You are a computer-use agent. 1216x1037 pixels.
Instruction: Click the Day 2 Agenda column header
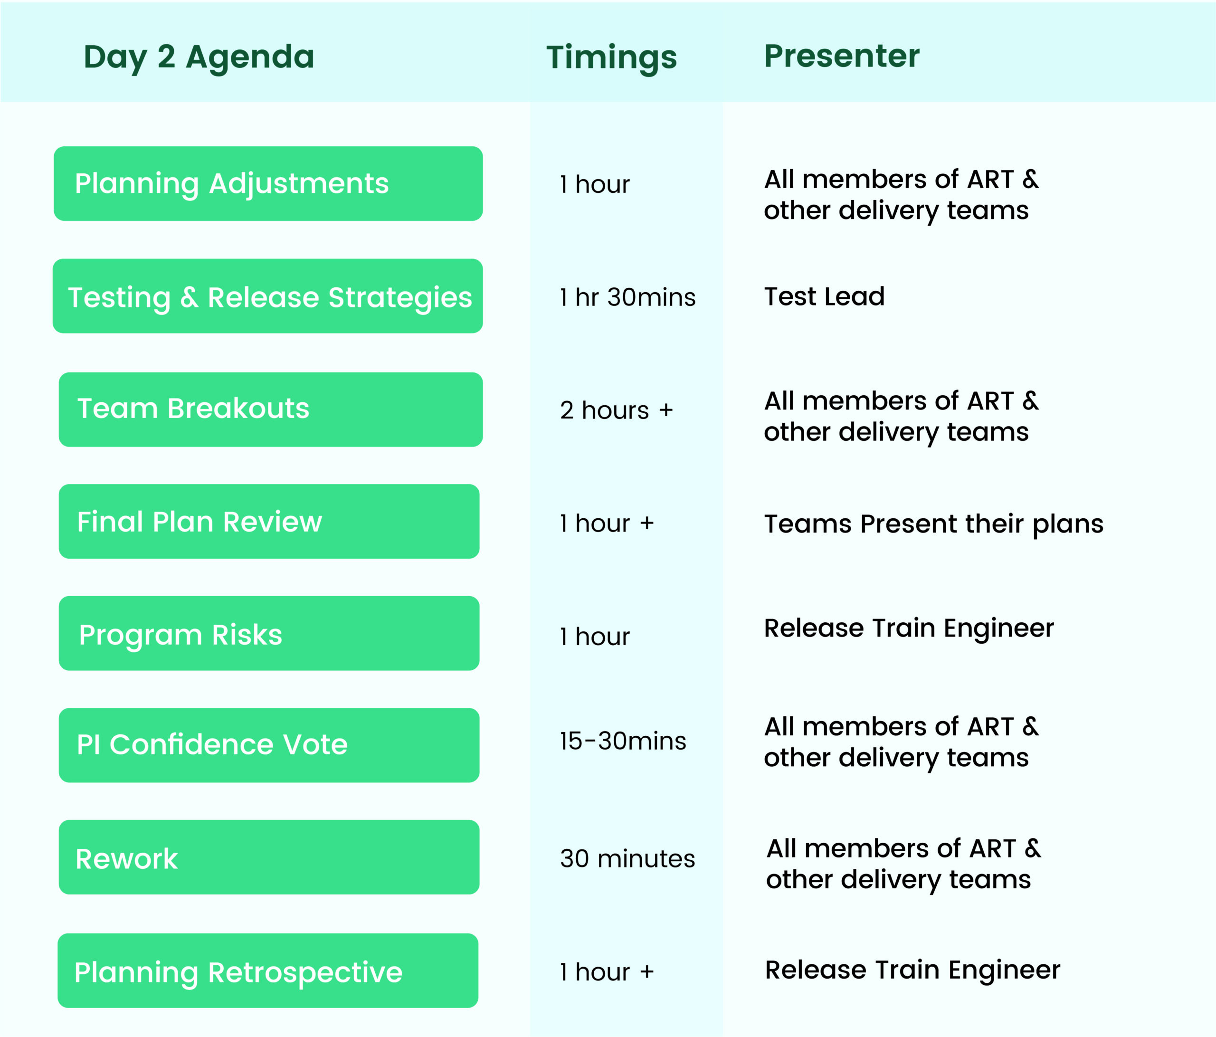tap(199, 57)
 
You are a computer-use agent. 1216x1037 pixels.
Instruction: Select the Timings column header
tap(611, 57)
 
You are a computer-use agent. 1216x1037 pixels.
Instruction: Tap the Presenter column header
tap(842, 57)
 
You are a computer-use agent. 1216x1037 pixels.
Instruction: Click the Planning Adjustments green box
tap(268, 184)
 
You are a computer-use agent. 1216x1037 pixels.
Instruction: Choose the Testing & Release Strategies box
tap(268, 296)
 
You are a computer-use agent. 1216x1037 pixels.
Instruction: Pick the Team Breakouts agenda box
tap(271, 409)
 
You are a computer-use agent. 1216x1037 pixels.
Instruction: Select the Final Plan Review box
tap(269, 521)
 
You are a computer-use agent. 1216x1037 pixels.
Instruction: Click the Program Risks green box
tap(269, 634)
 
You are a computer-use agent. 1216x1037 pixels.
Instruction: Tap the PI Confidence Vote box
tap(269, 745)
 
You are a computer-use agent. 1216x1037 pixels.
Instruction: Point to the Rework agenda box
tap(269, 857)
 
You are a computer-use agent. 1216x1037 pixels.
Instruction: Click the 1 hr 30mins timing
tap(627, 297)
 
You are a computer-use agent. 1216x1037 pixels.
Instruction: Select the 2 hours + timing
tap(616, 410)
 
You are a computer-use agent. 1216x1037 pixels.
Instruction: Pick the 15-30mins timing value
tap(623, 741)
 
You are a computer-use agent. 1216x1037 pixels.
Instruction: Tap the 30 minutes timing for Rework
tap(627, 858)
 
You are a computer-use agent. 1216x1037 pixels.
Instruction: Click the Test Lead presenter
tap(824, 296)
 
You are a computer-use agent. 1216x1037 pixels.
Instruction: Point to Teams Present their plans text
tap(933, 523)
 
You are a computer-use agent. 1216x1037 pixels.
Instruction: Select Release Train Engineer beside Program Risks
tap(909, 628)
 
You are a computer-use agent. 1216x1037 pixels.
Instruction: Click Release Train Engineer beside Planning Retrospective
tap(912, 970)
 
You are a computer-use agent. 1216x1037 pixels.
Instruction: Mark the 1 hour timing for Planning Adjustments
tap(595, 184)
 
